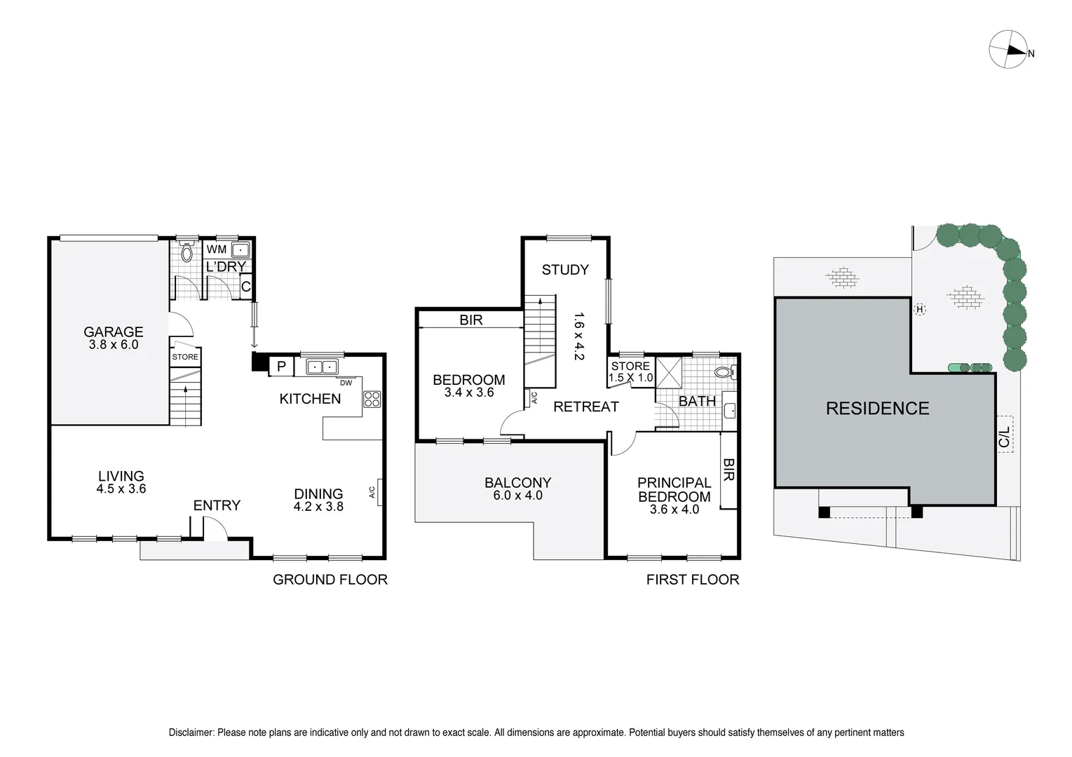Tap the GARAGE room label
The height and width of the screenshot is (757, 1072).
coord(114,332)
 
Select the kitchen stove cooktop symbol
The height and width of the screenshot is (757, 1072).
coord(372,399)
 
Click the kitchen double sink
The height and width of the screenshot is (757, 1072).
coord(322,367)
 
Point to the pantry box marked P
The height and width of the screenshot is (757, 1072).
coord(281,367)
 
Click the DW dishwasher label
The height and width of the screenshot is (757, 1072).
coord(346,383)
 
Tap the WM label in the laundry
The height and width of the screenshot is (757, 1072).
coord(217,250)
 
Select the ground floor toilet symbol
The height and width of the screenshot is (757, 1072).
coord(186,252)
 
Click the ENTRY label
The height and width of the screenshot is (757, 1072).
coord(217,505)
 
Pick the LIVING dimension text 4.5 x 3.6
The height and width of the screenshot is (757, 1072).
coord(121,489)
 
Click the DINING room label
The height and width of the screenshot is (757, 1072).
coord(318,493)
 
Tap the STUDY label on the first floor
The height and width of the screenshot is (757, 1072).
coord(565,270)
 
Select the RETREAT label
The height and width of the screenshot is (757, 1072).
coord(586,407)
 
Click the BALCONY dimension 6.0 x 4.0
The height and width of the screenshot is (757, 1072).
coord(518,496)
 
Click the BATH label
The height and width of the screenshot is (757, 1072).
coord(697,401)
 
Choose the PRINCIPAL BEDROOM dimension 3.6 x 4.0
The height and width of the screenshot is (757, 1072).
coord(674,510)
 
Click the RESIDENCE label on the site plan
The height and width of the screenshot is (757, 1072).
coord(877,409)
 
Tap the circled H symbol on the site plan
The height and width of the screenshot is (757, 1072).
coord(920,309)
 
